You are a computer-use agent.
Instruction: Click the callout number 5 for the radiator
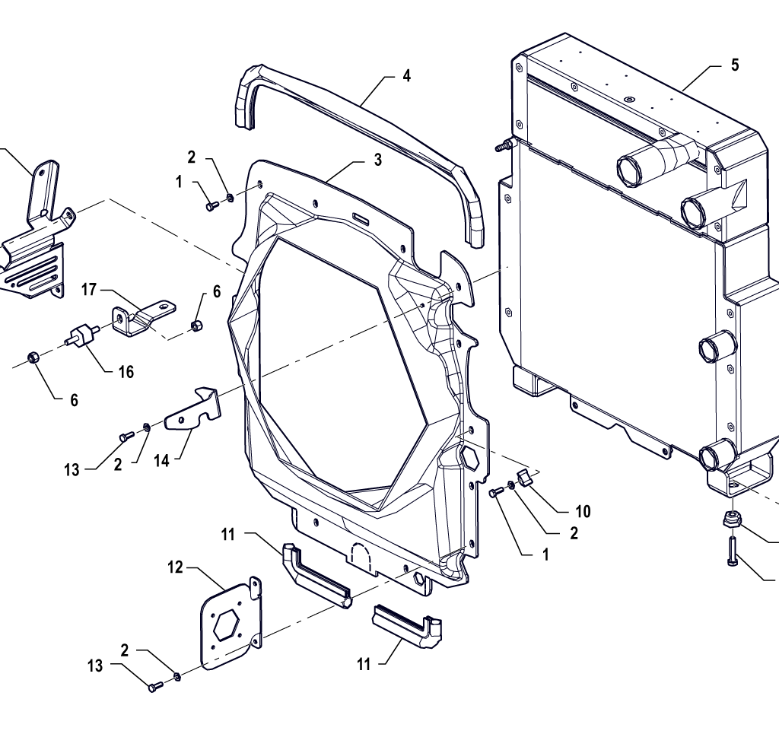tap(734, 65)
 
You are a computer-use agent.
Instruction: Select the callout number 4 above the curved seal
tap(406, 76)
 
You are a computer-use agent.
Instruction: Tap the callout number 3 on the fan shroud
tap(377, 160)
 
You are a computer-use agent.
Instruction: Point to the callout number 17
tap(89, 289)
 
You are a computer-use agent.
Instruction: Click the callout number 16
tap(126, 372)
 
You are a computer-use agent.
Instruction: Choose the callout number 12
tap(175, 567)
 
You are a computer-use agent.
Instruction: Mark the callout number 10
tap(583, 511)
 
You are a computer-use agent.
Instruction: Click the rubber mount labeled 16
tap(82, 335)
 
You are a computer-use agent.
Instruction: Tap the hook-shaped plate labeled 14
tap(194, 411)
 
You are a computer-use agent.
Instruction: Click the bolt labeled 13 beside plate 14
tap(126, 436)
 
